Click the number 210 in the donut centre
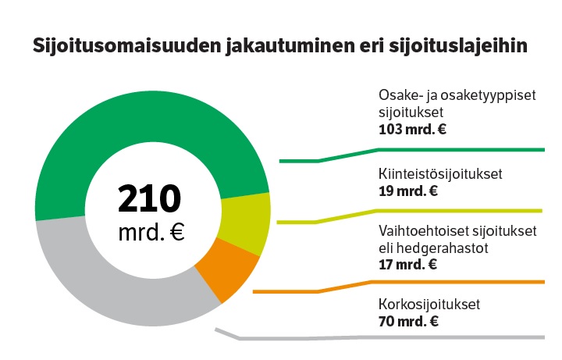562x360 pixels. (x=150, y=200)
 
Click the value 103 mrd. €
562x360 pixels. (x=411, y=129)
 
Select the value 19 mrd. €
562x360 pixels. (x=407, y=191)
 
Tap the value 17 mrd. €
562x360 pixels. (x=407, y=264)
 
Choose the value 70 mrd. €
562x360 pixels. (x=407, y=321)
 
